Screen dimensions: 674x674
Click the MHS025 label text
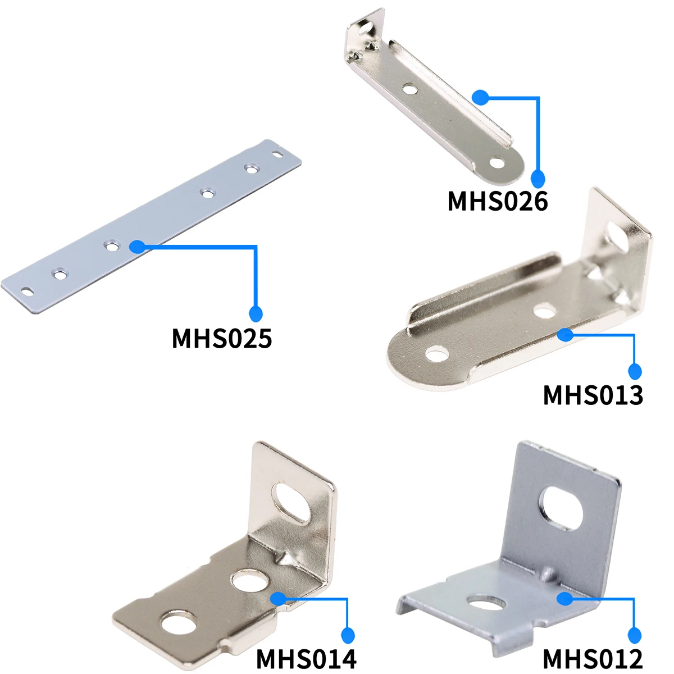click(222, 339)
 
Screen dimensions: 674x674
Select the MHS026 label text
click(497, 201)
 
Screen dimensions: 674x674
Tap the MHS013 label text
click(593, 395)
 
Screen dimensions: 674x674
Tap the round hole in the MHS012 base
click(487, 603)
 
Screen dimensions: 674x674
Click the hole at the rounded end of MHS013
click(436, 354)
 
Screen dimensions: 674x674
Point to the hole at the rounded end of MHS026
click(497, 163)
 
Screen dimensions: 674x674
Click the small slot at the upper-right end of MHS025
click(279, 152)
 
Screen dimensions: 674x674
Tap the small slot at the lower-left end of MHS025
click(26, 290)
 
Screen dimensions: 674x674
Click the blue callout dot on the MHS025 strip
click(136, 247)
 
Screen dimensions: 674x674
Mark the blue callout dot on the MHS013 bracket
click(565, 335)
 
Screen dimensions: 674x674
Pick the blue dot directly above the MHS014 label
click(349, 635)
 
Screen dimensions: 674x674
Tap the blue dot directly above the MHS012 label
click(635, 635)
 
